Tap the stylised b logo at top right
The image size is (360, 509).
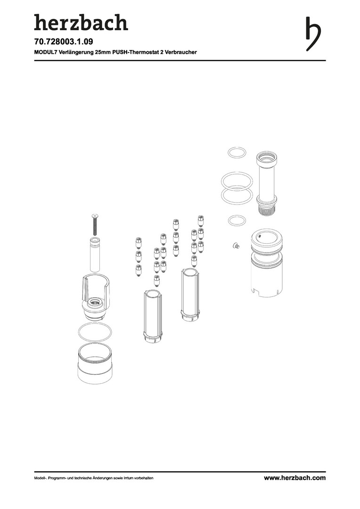313,34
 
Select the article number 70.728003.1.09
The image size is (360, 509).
61,42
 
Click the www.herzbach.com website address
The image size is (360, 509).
295,478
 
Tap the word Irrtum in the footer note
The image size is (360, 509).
125,478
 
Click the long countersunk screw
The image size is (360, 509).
94,224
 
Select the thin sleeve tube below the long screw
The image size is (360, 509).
95,254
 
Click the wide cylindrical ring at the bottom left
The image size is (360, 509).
95,363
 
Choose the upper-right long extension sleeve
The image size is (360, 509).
190,295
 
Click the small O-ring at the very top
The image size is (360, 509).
237,153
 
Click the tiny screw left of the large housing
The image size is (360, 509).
236,246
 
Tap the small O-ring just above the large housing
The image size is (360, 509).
237,221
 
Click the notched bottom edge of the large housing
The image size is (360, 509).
267,293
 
